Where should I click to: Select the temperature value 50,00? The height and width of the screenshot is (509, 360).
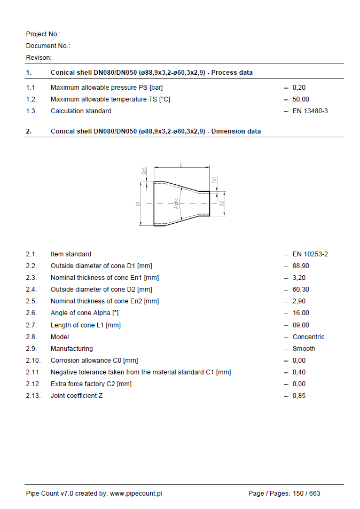[300, 99]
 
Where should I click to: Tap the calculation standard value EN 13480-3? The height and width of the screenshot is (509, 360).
[310, 111]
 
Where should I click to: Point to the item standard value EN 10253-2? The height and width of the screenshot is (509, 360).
[310, 254]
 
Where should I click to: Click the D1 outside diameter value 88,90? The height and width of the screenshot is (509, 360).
[300, 266]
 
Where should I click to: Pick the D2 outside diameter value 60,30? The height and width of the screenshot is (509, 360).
[300, 289]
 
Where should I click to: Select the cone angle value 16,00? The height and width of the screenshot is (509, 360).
[300, 313]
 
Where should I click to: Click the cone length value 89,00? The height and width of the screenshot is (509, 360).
[300, 325]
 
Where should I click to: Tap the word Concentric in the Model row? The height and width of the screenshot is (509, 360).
[308, 337]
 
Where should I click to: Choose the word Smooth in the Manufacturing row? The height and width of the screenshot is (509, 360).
[304, 349]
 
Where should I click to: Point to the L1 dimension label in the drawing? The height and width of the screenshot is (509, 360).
[182, 165]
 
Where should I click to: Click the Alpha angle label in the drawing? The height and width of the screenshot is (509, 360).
[176, 203]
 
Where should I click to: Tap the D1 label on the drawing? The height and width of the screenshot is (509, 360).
[137, 203]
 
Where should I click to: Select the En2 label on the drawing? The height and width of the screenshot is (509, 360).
[215, 181]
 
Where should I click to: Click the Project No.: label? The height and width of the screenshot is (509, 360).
[43, 34]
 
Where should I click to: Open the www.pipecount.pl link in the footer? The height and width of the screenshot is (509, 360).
[136, 494]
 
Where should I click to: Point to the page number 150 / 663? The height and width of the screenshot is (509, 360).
[307, 494]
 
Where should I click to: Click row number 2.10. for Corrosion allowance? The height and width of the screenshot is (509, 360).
[33, 361]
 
